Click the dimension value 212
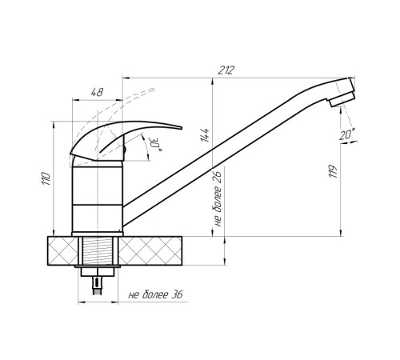pos(226,70)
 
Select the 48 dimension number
pos(97,92)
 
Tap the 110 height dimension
pos(46,178)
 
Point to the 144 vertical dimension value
pos(205,135)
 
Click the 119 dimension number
pos(333,171)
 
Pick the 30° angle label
pos(156,145)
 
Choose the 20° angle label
pos(347,134)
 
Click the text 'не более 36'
pos(155,294)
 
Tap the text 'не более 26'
pos(218,198)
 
